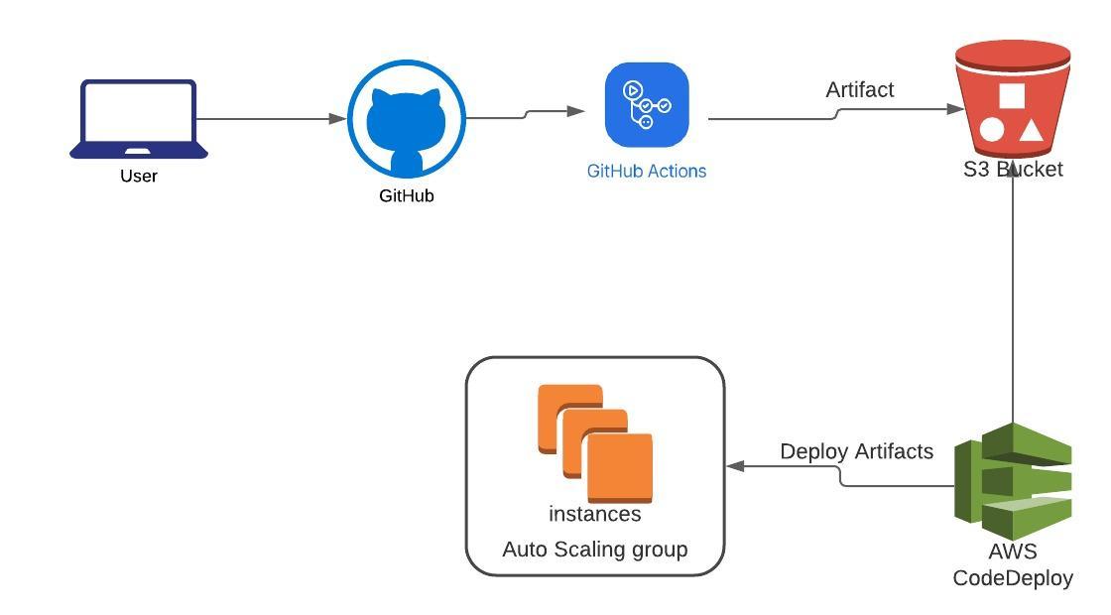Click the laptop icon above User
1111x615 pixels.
click(139, 119)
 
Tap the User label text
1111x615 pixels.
click(139, 177)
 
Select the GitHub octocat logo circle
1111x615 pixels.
click(407, 119)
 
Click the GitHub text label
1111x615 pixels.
click(407, 196)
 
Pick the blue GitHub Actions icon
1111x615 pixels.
click(647, 104)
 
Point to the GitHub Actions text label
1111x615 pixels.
click(647, 171)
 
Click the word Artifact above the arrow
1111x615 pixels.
click(860, 90)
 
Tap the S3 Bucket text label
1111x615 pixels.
click(1013, 170)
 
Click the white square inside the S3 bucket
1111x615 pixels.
click(1011, 96)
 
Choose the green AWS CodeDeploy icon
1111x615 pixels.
click(1013, 473)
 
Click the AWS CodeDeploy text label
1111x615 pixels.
click(1013, 564)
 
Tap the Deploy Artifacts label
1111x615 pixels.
click(856, 452)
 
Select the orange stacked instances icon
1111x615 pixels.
click(595, 443)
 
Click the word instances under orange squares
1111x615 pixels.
click(595, 515)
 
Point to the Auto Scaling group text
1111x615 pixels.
click(595, 550)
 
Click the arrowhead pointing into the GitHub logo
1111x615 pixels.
click(338, 119)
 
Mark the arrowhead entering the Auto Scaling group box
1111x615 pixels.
click(735, 465)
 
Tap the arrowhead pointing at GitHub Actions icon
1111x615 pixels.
click(575, 111)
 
